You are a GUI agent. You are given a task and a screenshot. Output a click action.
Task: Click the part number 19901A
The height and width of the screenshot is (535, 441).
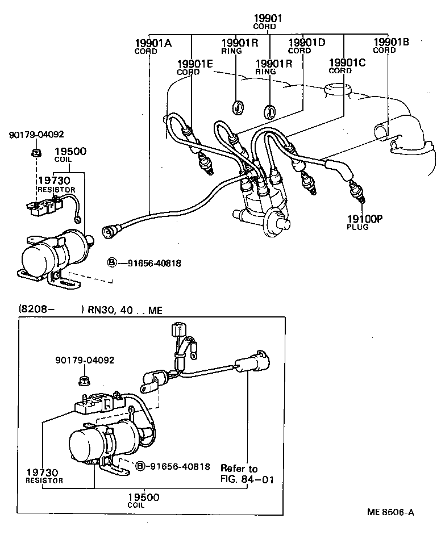(153, 43)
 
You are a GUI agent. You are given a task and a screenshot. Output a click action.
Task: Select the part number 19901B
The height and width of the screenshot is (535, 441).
(392, 41)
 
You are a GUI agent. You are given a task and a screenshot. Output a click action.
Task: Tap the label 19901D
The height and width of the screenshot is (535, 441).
(306, 42)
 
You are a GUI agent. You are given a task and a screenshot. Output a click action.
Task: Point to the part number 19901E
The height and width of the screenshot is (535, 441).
(195, 64)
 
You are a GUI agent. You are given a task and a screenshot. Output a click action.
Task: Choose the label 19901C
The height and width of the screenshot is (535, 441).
(347, 62)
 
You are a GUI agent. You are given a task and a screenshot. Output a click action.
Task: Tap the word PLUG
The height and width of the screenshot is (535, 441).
(357, 227)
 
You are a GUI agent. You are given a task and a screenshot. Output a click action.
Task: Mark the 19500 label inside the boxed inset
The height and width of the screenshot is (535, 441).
(144, 498)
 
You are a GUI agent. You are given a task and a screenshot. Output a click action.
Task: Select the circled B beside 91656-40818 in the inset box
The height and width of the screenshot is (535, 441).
(140, 466)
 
